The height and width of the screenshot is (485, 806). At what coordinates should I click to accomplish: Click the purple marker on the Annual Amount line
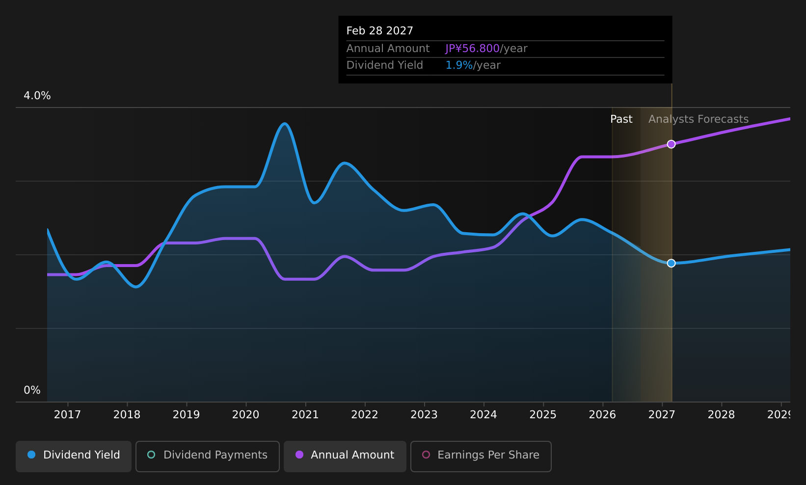click(x=671, y=144)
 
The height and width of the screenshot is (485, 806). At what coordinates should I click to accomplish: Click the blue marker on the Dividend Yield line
click(x=671, y=264)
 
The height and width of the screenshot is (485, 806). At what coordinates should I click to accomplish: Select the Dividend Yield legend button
click(x=74, y=456)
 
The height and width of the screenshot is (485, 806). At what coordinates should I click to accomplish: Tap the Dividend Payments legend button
click(x=207, y=456)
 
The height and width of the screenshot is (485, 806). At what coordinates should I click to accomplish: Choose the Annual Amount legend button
click(x=345, y=456)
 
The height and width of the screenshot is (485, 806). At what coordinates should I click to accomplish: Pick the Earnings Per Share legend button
click(x=481, y=456)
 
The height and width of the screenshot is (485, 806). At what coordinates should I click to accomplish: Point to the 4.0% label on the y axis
click(x=37, y=96)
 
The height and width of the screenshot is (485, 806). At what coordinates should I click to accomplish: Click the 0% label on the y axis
click(x=32, y=390)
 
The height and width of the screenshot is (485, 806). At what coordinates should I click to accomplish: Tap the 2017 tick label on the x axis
click(x=67, y=415)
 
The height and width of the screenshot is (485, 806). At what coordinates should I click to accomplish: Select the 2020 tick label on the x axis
click(x=246, y=415)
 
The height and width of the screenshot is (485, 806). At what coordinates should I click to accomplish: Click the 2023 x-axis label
click(x=424, y=415)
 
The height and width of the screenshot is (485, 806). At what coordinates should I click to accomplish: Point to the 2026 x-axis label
click(x=602, y=415)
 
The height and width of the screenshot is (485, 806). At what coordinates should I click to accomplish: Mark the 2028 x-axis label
click(x=722, y=415)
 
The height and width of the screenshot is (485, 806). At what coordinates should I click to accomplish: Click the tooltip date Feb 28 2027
click(x=379, y=31)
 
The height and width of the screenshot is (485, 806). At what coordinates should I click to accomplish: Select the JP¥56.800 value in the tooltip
click(x=472, y=49)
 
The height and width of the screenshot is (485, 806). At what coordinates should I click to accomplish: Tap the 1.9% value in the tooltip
click(x=459, y=65)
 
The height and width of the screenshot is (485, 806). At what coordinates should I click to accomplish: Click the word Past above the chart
click(x=621, y=119)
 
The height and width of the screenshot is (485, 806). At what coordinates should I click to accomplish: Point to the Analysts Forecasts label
click(x=699, y=119)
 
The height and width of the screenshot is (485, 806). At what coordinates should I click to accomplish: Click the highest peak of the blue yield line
click(x=285, y=124)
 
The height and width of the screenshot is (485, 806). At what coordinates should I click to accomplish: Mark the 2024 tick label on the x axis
click(x=484, y=415)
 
